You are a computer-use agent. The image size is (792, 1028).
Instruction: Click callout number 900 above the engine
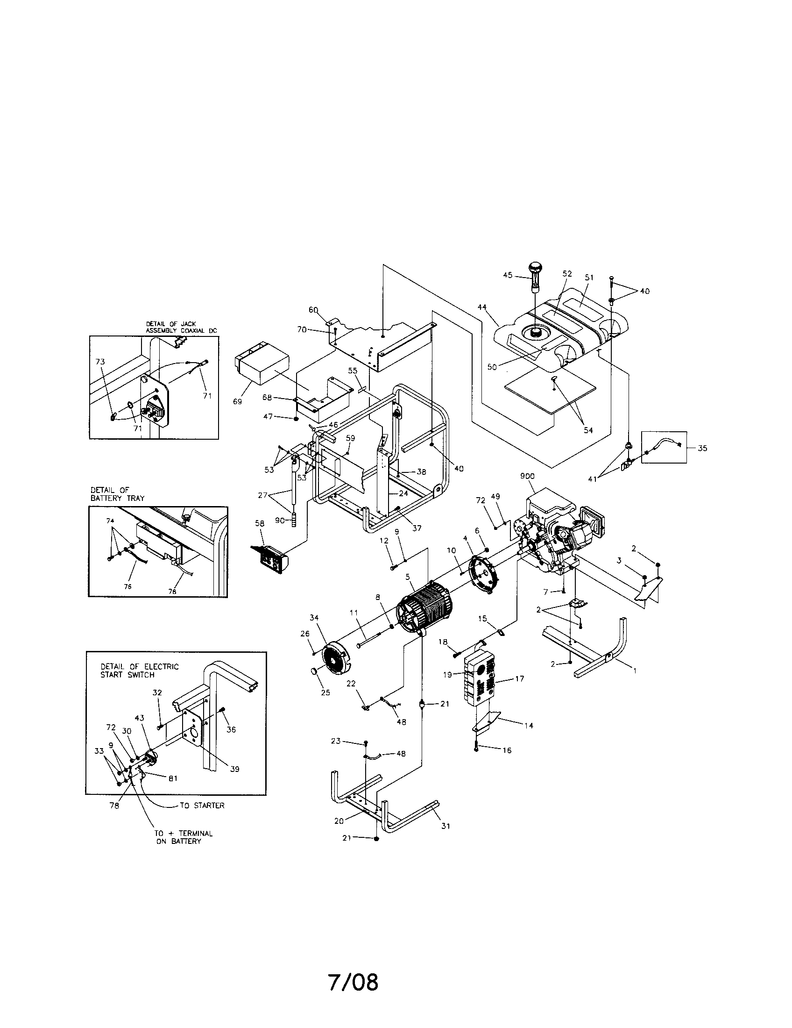tap(527, 476)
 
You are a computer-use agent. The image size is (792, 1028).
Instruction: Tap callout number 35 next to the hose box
tap(702, 448)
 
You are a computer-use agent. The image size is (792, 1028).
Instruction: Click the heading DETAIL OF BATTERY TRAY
tap(117, 494)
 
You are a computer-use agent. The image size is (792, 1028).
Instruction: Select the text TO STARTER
tap(202, 806)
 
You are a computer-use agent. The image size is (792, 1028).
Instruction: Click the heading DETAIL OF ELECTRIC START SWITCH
tap(140, 670)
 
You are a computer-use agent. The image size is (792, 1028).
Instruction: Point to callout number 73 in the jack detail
tap(100, 362)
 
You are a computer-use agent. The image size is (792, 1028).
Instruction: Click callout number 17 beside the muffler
tap(519, 679)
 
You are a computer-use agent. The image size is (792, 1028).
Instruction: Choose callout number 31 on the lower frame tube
tap(445, 826)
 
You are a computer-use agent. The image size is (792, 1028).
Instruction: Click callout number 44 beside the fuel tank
tap(481, 307)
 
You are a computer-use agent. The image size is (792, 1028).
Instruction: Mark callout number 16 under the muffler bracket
tap(506, 750)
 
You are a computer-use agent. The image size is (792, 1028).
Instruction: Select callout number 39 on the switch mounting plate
tap(234, 769)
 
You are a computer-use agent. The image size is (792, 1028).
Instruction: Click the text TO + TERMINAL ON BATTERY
tap(184, 837)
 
